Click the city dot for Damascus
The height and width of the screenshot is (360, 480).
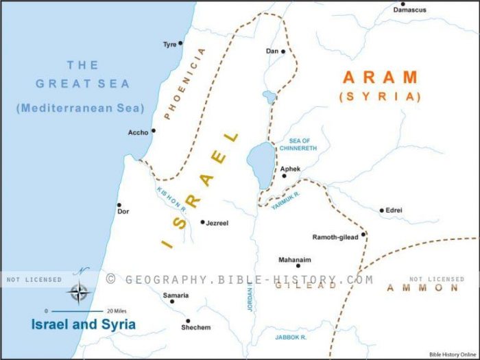(x=403, y=3)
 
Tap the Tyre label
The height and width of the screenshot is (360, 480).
(x=169, y=45)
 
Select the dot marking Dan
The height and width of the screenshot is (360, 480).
(x=283, y=51)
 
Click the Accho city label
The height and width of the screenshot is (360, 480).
(x=138, y=132)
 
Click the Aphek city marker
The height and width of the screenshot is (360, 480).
(x=284, y=176)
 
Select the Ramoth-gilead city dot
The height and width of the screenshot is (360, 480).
(x=363, y=235)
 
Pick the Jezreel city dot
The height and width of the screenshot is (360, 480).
(x=202, y=222)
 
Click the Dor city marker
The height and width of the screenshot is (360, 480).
(x=119, y=204)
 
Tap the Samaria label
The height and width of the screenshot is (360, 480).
(x=174, y=296)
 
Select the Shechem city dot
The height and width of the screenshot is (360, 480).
(x=187, y=320)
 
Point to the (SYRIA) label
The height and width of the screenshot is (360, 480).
(x=379, y=97)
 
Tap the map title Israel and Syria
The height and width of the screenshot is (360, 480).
(x=84, y=324)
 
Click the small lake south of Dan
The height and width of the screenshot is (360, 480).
(x=269, y=97)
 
